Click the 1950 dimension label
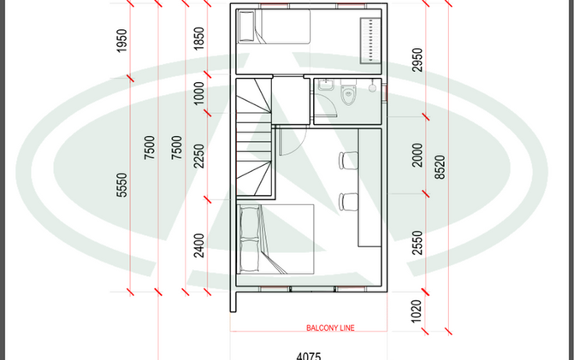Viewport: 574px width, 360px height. pyautogui.click(x=121, y=40)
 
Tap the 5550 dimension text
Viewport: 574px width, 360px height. pyautogui.click(x=121, y=185)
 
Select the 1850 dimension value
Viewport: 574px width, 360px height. pyautogui.click(x=198, y=38)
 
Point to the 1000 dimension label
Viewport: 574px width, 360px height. pyautogui.click(x=198, y=93)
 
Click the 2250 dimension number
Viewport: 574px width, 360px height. pyautogui.click(x=198, y=156)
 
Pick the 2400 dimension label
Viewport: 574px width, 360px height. pyautogui.click(x=198, y=245)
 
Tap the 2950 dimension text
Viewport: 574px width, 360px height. pyautogui.click(x=417, y=60)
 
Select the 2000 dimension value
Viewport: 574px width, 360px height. pyautogui.click(x=417, y=155)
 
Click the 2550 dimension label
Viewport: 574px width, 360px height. pyautogui.click(x=417, y=243)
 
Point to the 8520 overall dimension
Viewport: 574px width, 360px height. pyautogui.click(x=440, y=168)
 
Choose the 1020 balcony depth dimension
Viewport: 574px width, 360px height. pyautogui.click(x=417, y=311)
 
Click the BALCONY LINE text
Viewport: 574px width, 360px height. pyautogui.click(x=330, y=328)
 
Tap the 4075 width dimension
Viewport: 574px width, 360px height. pyautogui.click(x=309, y=356)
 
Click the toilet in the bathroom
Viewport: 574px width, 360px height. pyautogui.click(x=348, y=91)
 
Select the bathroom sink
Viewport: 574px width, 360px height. pyautogui.click(x=325, y=85)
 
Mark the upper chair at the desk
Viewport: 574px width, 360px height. pyautogui.click(x=348, y=161)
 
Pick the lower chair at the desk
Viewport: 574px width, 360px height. pyautogui.click(x=348, y=202)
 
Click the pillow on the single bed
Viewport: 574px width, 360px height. pyautogui.click(x=246, y=27)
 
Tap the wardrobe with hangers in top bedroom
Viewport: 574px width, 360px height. pyautogui.click(x=370, y=40)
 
